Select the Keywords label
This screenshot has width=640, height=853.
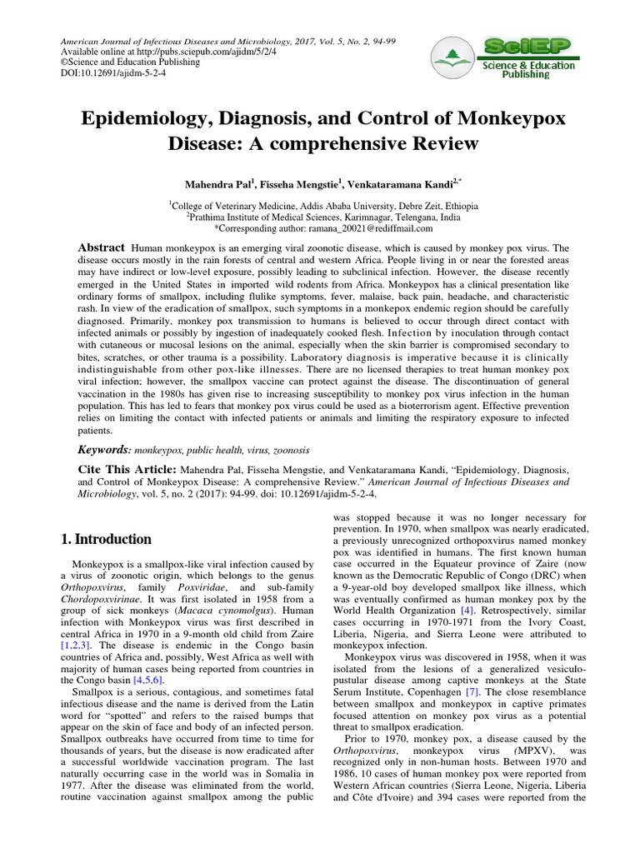click(104, 449)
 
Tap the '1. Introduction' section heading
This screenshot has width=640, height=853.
click(105, 539)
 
